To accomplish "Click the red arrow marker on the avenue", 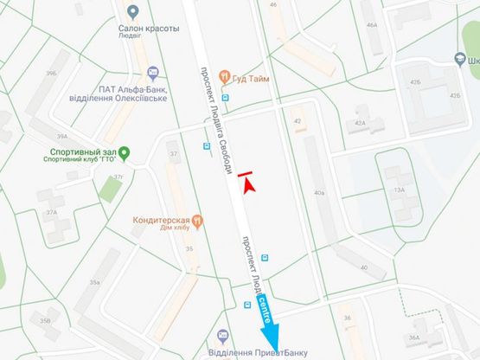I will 247,181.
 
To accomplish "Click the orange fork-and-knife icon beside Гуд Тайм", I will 225,76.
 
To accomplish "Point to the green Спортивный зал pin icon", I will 123,154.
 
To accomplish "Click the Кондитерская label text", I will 161,221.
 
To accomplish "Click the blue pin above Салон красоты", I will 132,12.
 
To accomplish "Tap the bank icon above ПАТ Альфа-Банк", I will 153,71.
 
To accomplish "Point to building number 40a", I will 319,191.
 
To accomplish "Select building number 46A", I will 372,25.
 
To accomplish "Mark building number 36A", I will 414,337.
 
